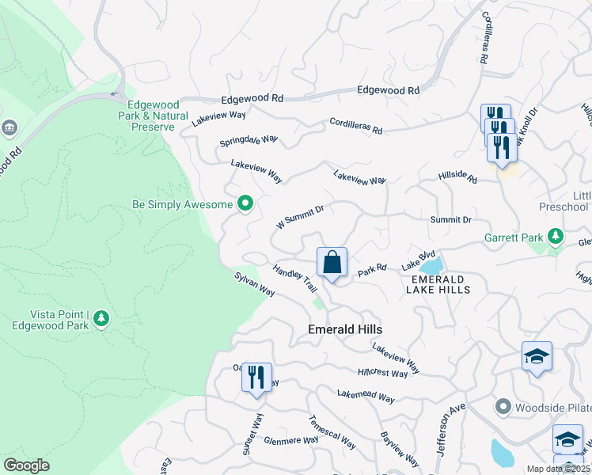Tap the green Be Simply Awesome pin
pos(245,204)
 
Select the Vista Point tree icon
pos(101,318)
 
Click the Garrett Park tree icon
pos(556,236)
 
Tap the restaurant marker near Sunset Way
pos(256,377)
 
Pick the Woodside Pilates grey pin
pos(502,407)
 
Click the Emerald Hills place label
pos(345,329)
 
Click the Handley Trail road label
pos(295,281)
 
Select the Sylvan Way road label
pos(254,285)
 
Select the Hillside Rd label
pos(458,177)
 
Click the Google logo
pos(26,465)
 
